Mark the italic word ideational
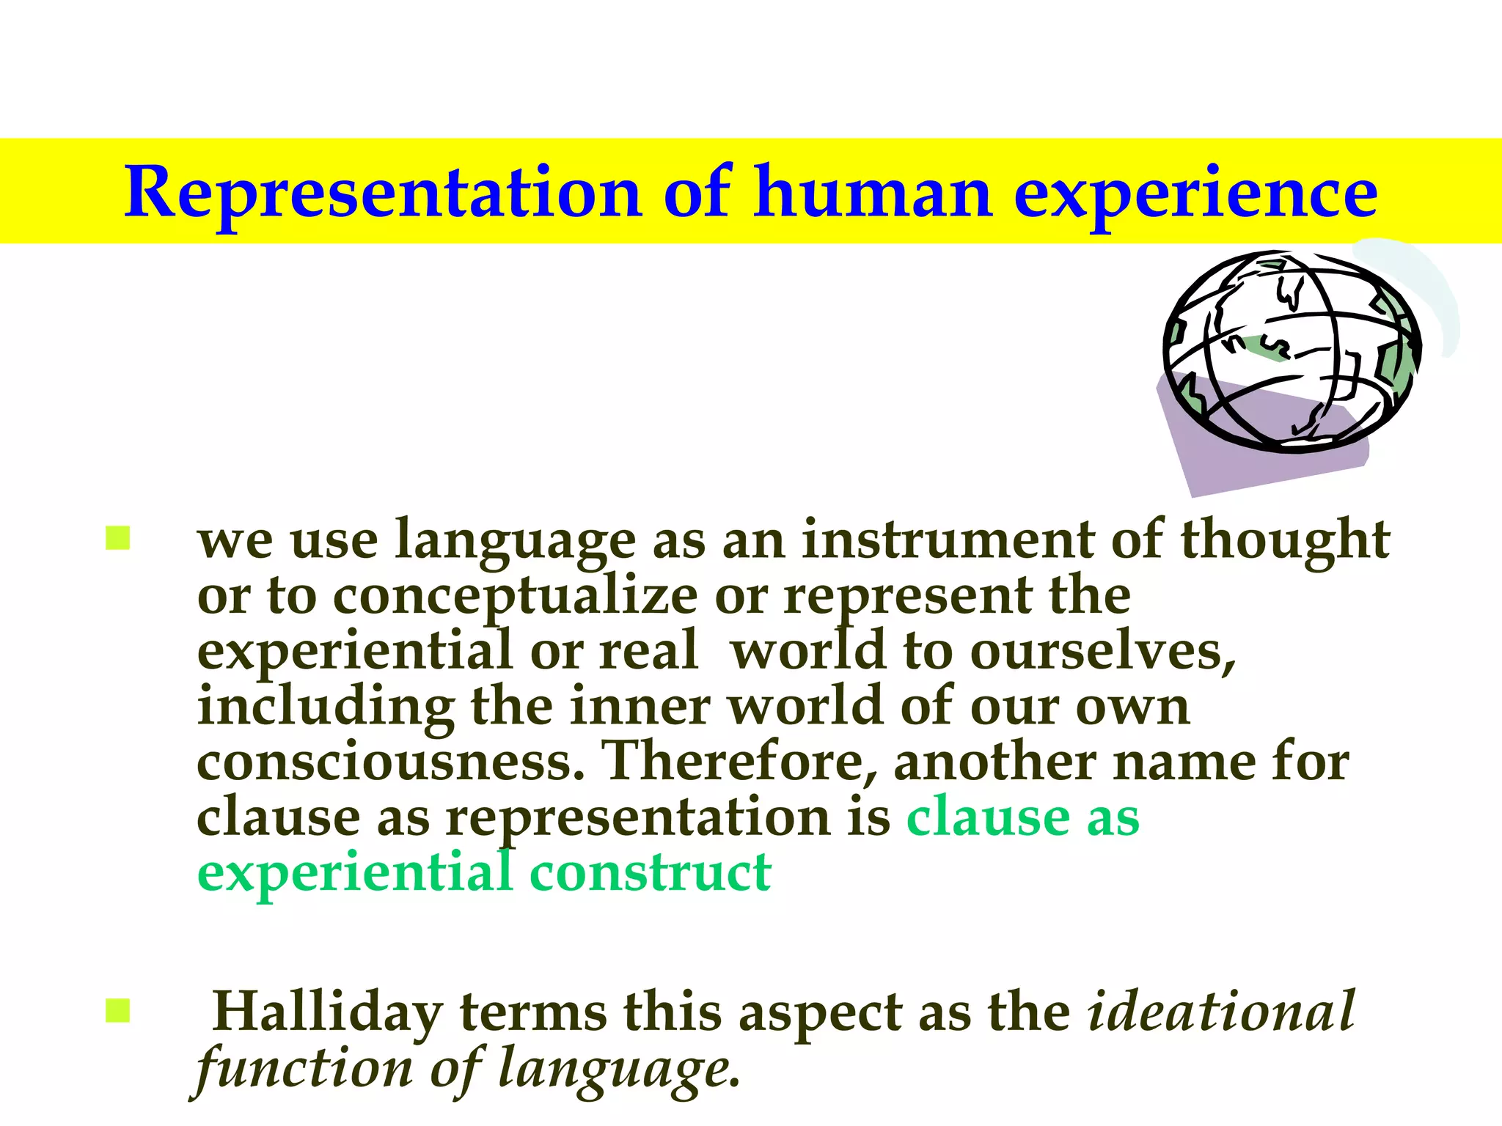[x=1221, y=1012]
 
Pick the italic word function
[x=304, y=1069]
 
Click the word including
[x=326, y=708]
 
